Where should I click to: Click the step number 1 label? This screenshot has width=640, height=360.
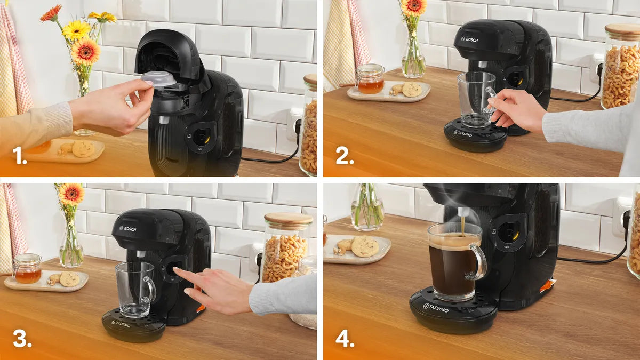click(x=20, y=156)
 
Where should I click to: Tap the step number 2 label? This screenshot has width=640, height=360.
click(x=345, y=156)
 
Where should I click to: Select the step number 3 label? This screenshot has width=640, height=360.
click(x=22, y=339)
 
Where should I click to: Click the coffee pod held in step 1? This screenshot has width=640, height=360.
click(x=158, y=79)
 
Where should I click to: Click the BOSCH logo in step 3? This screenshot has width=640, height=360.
click(x=127, y=229)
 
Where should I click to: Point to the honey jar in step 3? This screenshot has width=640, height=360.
click(x=27, y=269)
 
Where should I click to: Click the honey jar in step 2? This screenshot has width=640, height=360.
click(x=370, y=79)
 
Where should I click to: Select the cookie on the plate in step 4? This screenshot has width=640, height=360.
click(x=365, y=246)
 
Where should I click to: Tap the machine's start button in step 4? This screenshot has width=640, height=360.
click(x=508, y=232)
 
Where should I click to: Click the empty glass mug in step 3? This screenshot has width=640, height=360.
click(x=134, y=290)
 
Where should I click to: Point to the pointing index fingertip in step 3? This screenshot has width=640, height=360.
click(x=177, y=270)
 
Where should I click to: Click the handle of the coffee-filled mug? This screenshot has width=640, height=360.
click(x=478, y=261)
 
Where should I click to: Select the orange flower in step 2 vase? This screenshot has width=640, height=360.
click(x=413, y=6)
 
